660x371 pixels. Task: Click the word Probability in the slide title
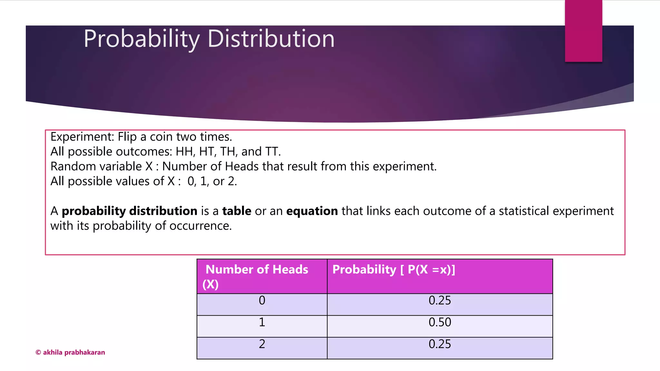(x=141, y=39)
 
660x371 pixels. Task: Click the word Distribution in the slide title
(x=271, y=39)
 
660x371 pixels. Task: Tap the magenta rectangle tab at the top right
(x=583, y=31)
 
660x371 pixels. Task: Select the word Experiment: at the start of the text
(x=82, y=137)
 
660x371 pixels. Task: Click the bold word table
(x=237, y=211)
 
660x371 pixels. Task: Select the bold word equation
(x=312, y=211)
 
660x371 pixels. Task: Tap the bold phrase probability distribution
(x=129, y=211)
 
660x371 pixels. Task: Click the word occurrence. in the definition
(x=200, y=226)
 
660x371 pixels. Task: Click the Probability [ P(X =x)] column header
(x=393, y=270)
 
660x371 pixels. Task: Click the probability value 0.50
(x=440, y=322)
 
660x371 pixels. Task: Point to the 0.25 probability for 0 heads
(x=440, y=300)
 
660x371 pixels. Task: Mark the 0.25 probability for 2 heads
(x=440, y=344)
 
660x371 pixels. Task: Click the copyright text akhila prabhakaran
(x=70, y=352)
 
